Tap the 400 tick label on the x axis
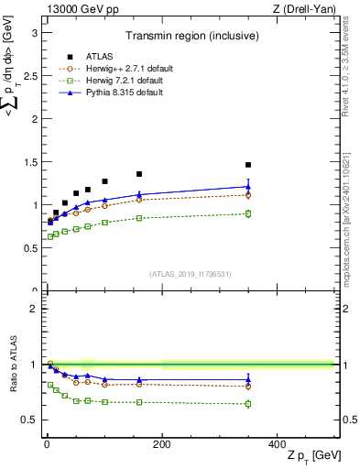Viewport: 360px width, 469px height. coord(277,444)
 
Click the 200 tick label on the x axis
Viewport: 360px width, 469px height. coord(161,444)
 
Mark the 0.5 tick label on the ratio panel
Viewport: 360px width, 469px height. coord(28,420)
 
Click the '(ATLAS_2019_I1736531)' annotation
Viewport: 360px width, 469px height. coord(190,275)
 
